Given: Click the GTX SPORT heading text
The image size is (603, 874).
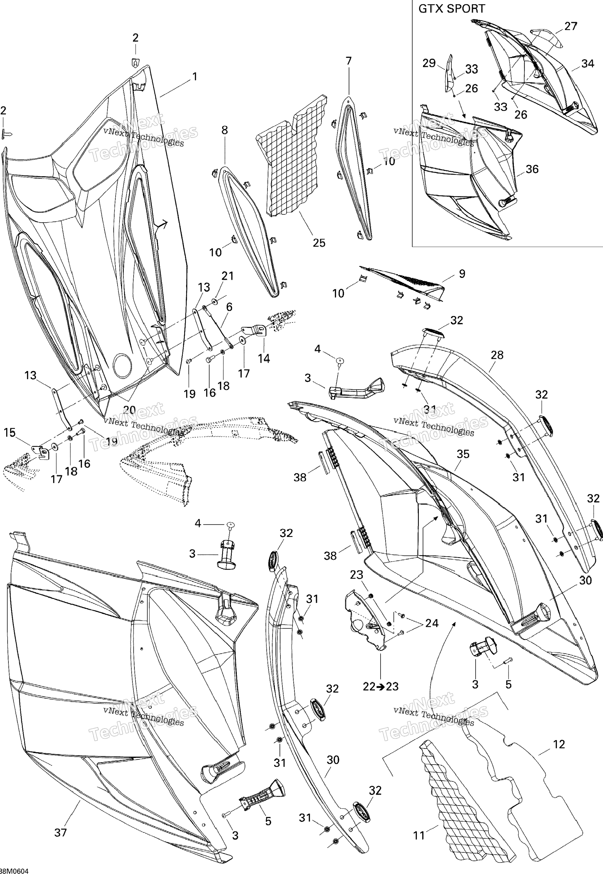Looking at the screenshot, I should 451,9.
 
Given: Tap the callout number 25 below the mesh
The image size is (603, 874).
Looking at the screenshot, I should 319,243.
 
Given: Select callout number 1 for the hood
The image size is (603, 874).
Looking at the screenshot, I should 195,77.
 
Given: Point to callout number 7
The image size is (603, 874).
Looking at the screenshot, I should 348,61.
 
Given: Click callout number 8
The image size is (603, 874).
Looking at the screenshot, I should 224,130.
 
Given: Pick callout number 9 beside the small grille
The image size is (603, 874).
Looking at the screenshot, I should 462,274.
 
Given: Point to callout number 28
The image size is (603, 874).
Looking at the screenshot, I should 497,355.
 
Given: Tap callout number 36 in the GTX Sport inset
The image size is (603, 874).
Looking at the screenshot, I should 532,169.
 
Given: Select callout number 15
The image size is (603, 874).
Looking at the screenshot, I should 9,433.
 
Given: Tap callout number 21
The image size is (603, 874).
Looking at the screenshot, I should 228,276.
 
